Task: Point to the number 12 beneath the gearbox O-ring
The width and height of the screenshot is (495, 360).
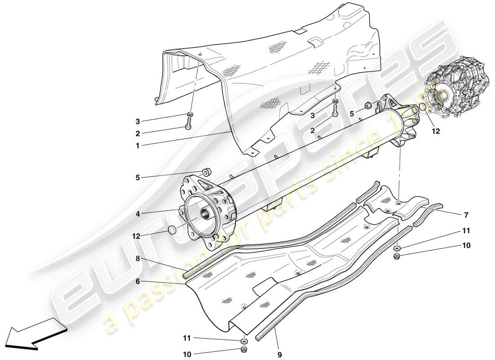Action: pyautogui.click(x=435, y=132)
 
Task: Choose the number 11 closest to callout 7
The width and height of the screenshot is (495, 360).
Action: pyautogui.click(x=465, y=231)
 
